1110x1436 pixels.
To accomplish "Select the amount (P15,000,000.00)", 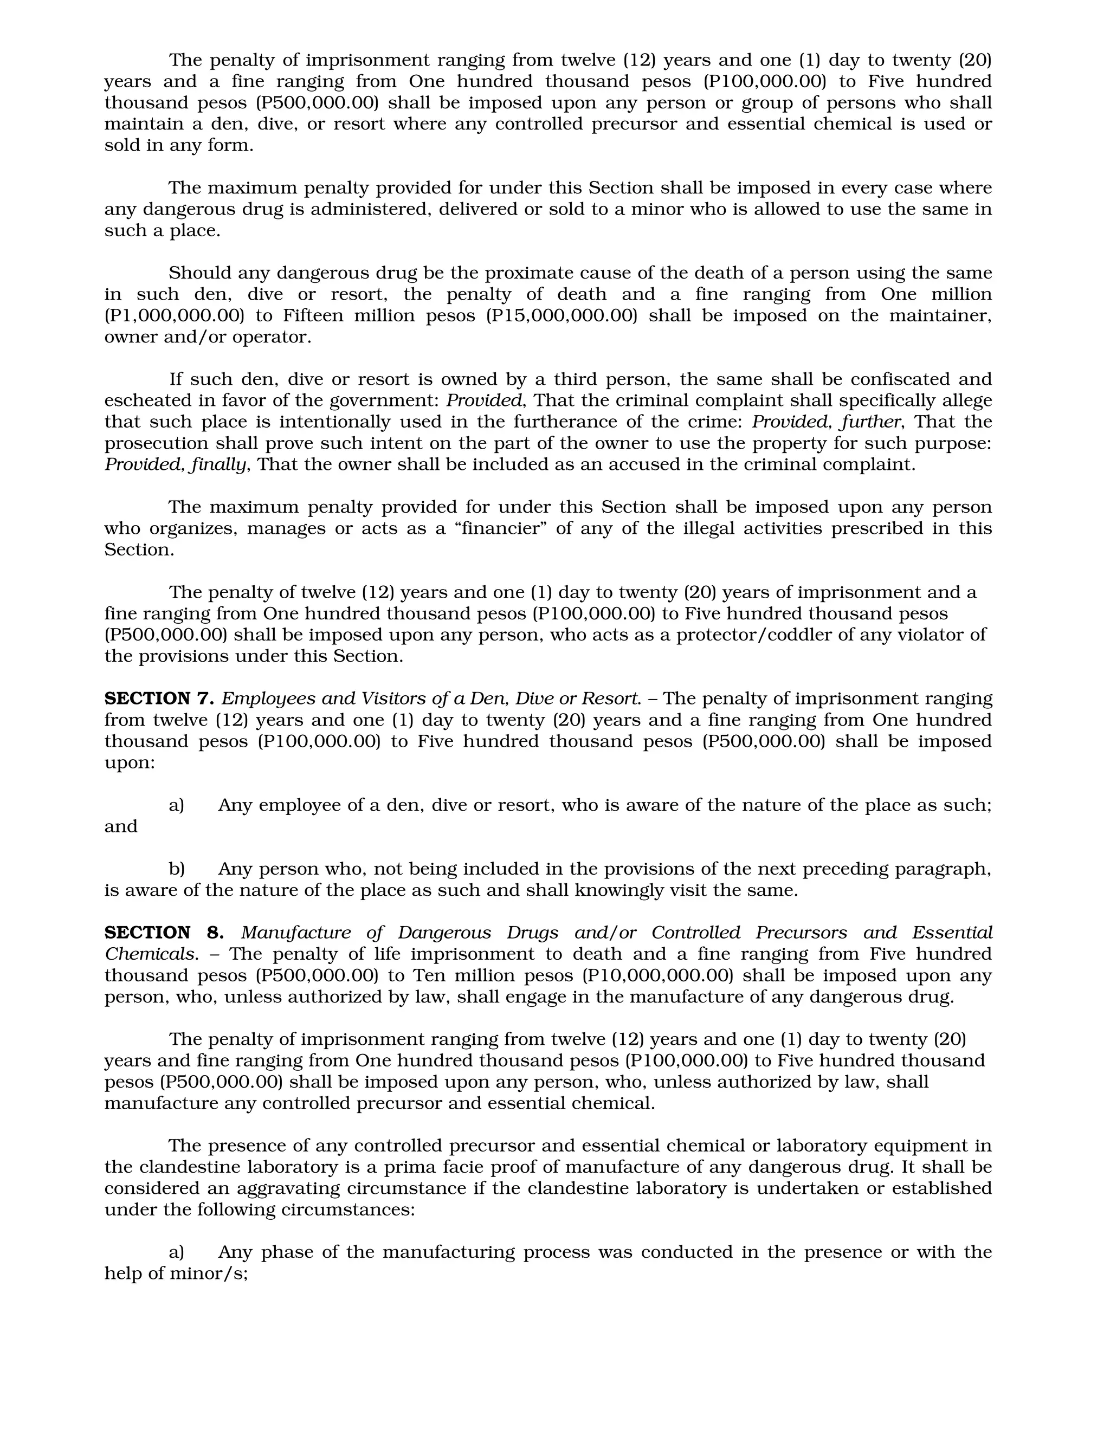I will tap(562, 315).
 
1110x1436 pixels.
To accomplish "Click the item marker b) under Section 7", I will tap(176, 869).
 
